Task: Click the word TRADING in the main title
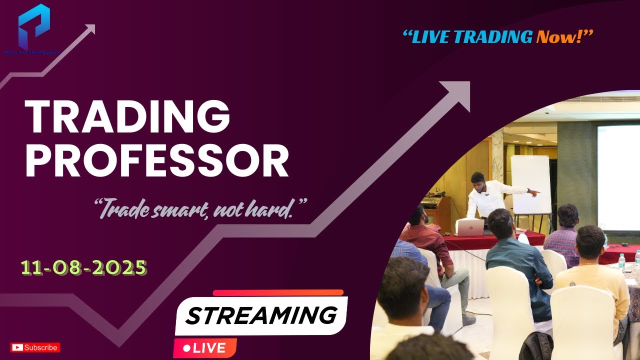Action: (127, 116)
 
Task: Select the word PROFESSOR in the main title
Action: (157, 161)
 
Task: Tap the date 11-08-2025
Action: (84, 268)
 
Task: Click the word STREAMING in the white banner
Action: (261, 315)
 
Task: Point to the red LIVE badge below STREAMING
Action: (204, 348)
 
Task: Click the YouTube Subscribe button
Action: (35, 347)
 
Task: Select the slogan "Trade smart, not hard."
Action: (200, 208)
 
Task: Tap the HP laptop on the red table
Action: (469, 228)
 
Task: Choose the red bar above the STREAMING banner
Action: (278, 293)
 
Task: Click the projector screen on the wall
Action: (618, 177)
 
